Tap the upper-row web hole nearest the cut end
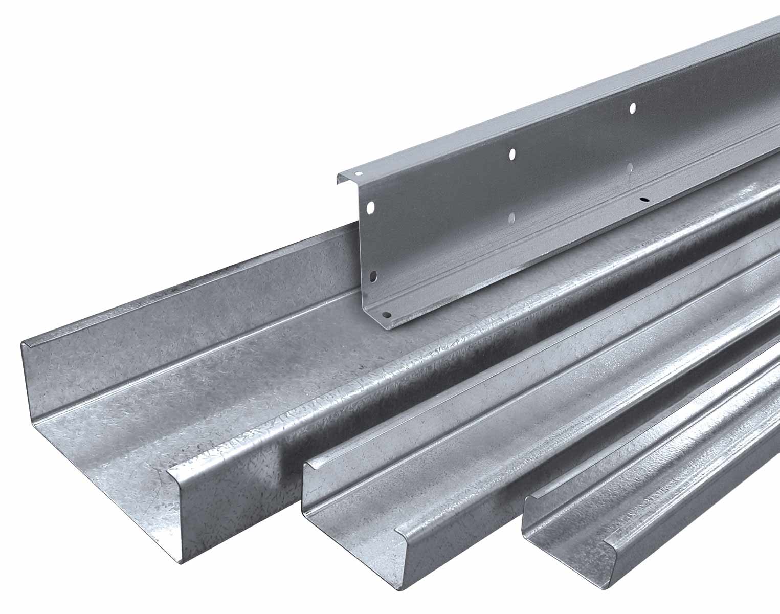pyautogui.click(x=371, y=207)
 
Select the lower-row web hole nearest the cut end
pyautogui.click(x=374, y=276)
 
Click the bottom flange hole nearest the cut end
pyautogui.click(x=387, y=315)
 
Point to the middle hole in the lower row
pyautogui.click(x=512, y=218)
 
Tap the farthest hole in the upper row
pyautogui.click(x=633, y=107)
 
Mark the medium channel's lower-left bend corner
pyautogui.click(x=309, y=514)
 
